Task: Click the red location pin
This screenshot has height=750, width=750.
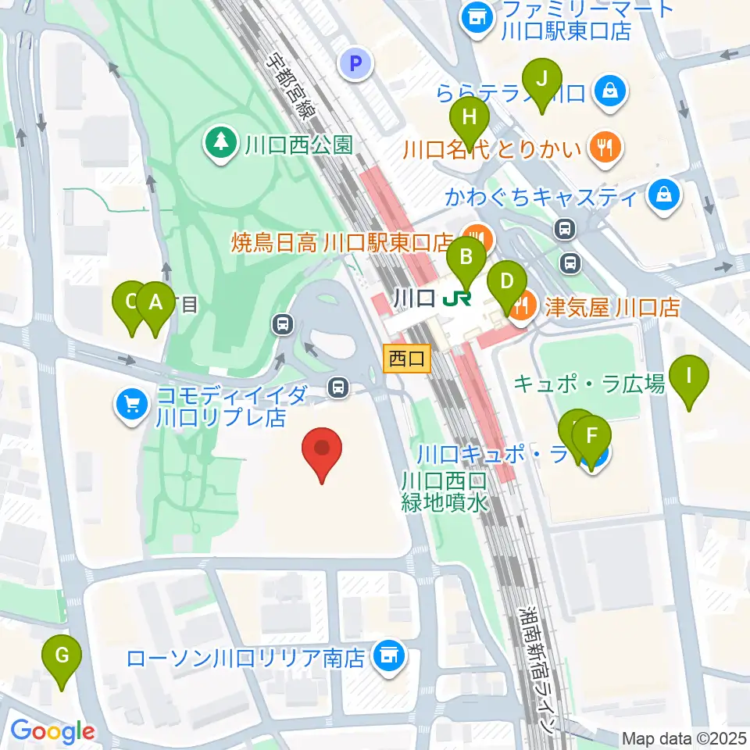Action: (x=323, y=454)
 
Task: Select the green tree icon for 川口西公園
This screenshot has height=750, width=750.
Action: (x=222, y=142)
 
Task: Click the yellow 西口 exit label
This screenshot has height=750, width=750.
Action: (x=408, y=359)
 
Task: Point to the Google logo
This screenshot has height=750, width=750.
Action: (x=52, y=731)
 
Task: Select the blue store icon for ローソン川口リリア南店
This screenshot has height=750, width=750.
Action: (x=387, y=656)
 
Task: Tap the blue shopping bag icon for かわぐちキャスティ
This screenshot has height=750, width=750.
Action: (x=664, y=195)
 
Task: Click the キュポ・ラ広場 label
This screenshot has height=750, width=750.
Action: (x=590, y=383)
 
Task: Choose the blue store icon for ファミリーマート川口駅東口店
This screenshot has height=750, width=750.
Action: (x=475, y=18)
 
